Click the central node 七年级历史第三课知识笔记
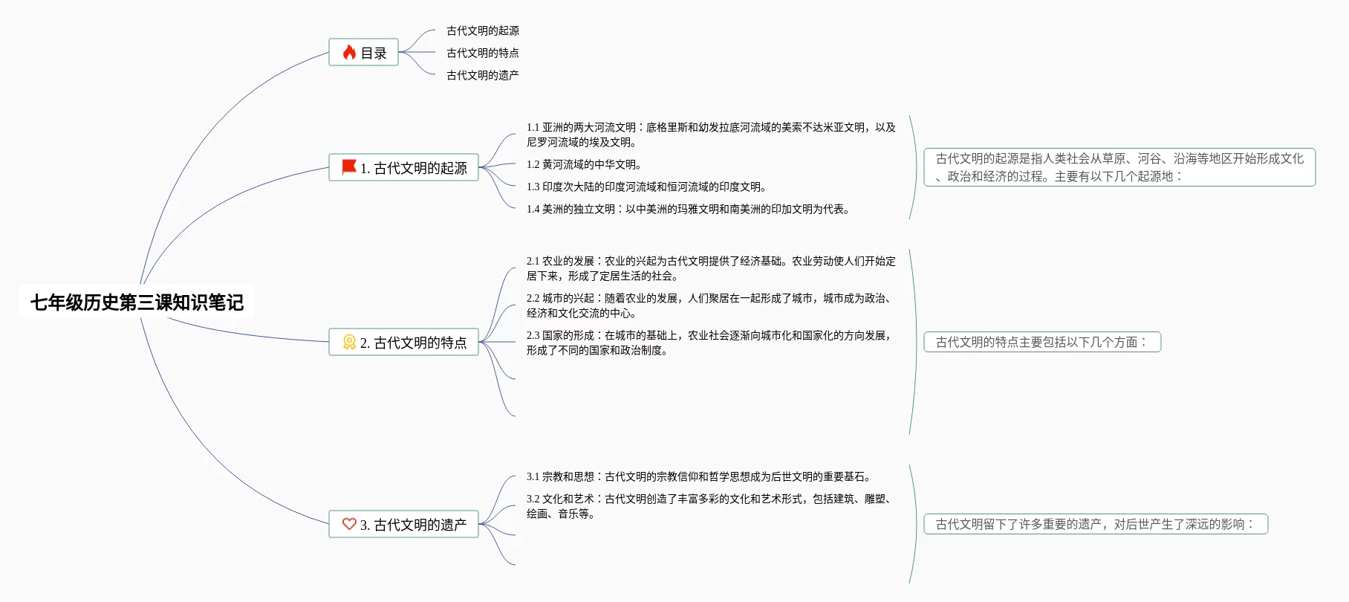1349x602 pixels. (x=137, y=302)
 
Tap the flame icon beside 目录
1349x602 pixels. (x=349, y=52)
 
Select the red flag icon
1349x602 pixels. (x=348, y=167)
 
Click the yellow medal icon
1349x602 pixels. (x=349, y=342)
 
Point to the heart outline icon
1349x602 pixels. (x=349, y=524)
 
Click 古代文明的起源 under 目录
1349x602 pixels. (x=482, y=30)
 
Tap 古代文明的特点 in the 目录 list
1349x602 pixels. (x=482, y=53)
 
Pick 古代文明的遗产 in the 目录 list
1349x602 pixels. (x=482, y=75)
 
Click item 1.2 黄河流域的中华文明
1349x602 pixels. (x=584, y=164)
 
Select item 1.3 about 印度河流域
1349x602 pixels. (x=646, y=187)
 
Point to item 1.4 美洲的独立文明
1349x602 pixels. (x=688, y=209)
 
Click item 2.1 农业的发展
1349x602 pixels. (x=710, y=268)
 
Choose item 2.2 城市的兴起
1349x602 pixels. (x=710, y=305)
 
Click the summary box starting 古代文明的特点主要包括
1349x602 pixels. (x=1041, y=342)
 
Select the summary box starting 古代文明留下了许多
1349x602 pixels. (x=1095, y=524)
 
